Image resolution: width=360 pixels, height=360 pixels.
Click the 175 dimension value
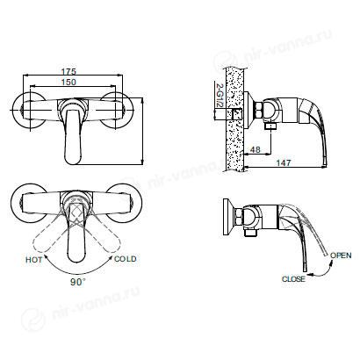point(68,71)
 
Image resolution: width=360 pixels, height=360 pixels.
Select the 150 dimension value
point(68,82)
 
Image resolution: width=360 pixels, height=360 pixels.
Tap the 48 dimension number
point(256,149)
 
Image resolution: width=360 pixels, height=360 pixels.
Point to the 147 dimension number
point(284,162)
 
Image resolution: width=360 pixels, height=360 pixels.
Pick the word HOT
point(34,260)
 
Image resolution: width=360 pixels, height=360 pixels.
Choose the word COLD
point(126,259)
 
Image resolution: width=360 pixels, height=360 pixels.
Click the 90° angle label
point(78,282)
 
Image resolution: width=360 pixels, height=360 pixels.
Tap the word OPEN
point(341,256)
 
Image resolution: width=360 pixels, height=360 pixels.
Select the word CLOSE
point(293,279)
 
